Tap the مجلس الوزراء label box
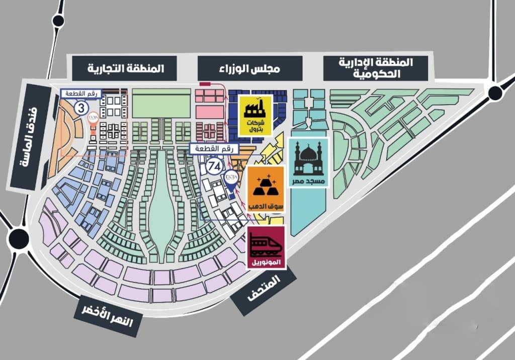(x=250, y=68)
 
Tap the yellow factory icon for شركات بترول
(x=255, y=115)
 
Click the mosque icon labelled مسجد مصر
(x=309, y=162)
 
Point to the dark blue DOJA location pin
(x=230, y=182)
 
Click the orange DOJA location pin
(x=94, y=122)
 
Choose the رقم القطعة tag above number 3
(x=81, y=93)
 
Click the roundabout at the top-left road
(x=58, y=21)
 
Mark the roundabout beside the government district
(x=495, y=93)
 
